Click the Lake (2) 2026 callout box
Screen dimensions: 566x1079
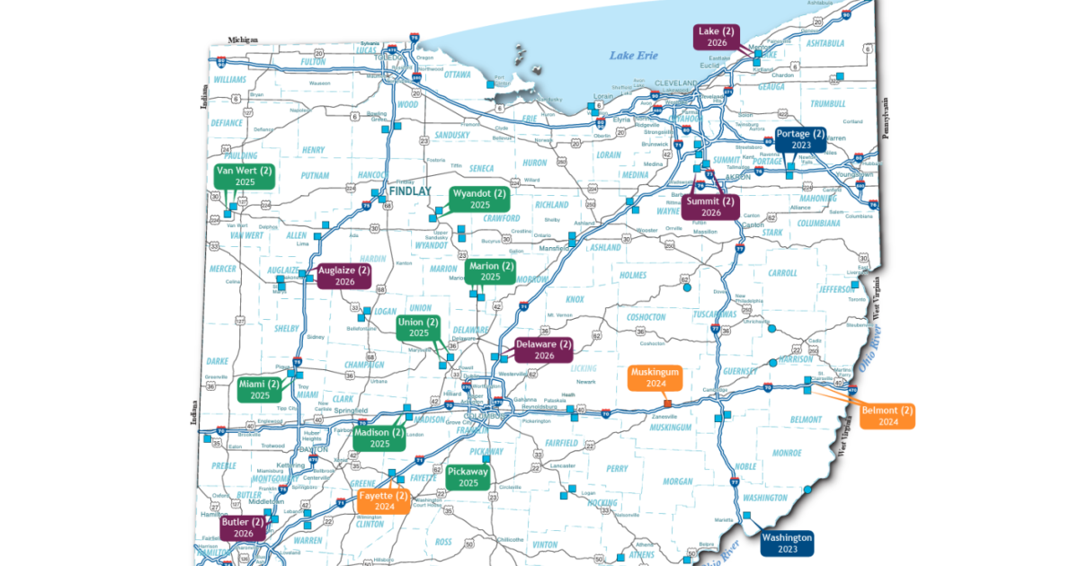717,37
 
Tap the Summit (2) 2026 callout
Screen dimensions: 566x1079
710,207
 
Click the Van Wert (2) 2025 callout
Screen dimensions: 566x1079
245,175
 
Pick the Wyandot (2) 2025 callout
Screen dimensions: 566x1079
479,199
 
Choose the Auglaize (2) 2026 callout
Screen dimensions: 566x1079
344,275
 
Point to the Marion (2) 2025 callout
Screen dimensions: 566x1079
490,271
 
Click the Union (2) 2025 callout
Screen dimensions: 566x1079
419,327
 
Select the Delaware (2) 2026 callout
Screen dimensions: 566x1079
544,349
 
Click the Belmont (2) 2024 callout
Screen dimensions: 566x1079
887,416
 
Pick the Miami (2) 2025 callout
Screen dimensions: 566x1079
260,390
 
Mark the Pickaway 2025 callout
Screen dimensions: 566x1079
468,477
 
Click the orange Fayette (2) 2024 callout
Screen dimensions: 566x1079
384,500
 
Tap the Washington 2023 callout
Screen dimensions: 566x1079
787,543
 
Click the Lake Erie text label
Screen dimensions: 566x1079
634,56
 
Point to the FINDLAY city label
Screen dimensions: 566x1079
411,191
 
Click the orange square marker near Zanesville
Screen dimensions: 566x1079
666,404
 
